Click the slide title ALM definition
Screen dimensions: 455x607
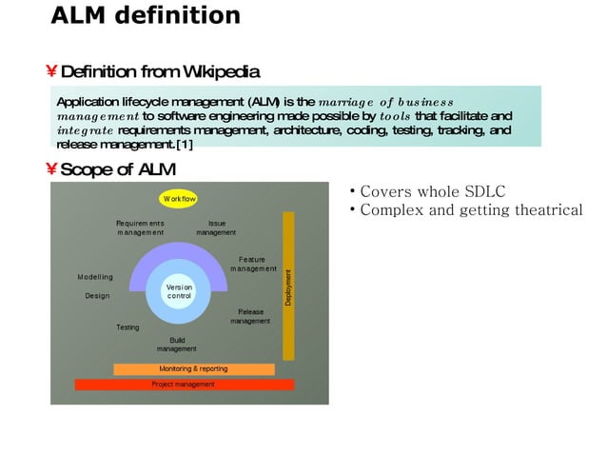click(x=145, y=16)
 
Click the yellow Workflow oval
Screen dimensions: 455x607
click(x=179, y=200)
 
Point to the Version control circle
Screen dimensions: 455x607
click(x=179, y=291)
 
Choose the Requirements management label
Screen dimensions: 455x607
click(x=141, y=227)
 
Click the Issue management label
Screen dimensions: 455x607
click(x=216, y=227)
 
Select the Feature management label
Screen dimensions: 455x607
click(x=251, y=263)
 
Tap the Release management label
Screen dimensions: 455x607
click(x=250, y=316)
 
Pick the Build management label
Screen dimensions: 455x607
click(x=177, y=344)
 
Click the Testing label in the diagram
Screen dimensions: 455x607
click(x=127, y=327)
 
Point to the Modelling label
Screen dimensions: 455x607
click(x=95, y=277)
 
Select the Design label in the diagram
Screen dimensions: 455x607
click(x=97, y=296)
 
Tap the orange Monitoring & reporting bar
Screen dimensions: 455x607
click(x=193, y=368)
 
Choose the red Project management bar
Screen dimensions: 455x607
click(x=185, y=385)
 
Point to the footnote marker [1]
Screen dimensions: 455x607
click(x=184, y=144)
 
